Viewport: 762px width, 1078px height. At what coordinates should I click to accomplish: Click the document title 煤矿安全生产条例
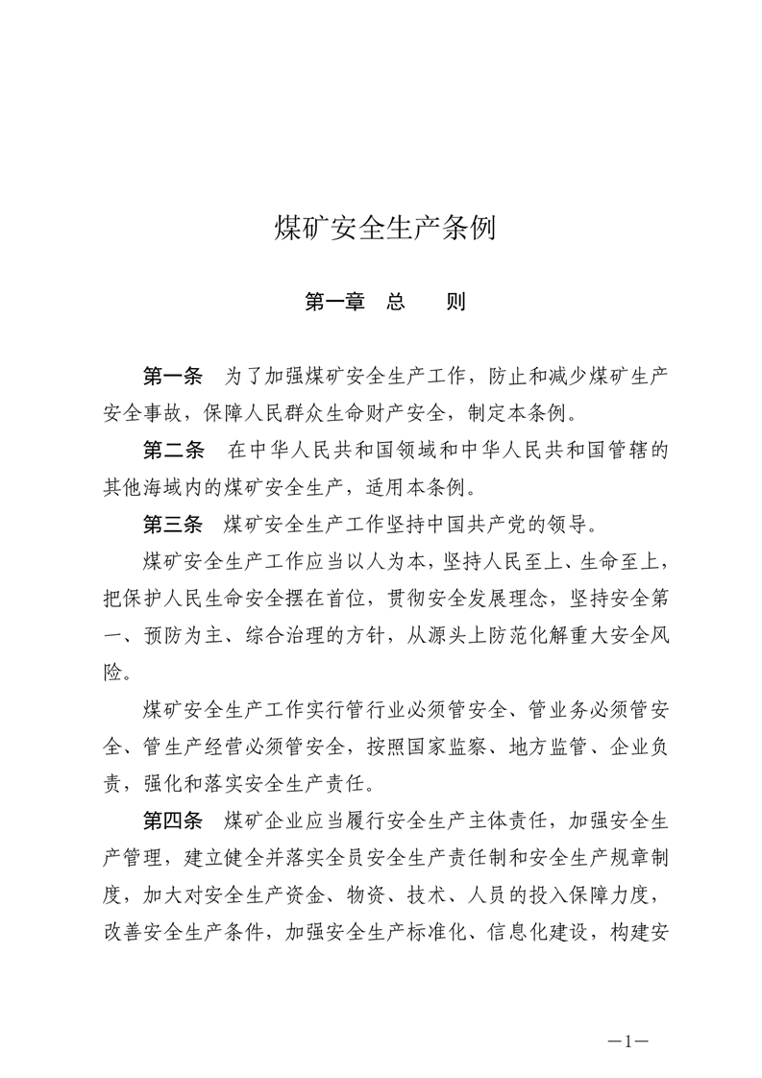[381, 228]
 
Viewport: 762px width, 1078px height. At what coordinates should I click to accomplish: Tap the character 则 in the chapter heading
[456, 302]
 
